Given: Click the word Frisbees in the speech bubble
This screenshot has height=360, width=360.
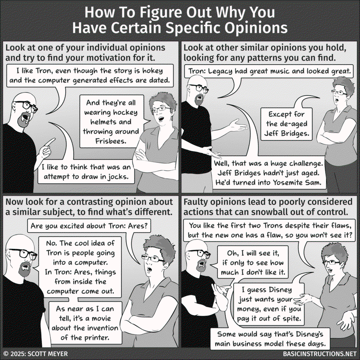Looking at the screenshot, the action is point(111,141).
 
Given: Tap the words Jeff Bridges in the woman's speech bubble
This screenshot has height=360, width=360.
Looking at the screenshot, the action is point(286,133).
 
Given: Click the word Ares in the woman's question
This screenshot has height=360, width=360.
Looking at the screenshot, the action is point(138,226).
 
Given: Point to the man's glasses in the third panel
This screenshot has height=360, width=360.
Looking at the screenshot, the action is point(24,253).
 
